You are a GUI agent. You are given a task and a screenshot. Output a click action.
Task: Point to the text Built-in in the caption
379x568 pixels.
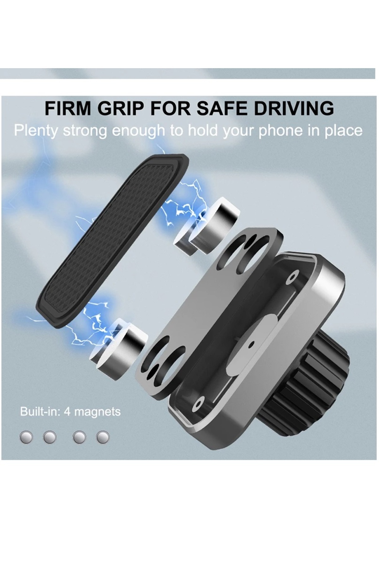[40, 411]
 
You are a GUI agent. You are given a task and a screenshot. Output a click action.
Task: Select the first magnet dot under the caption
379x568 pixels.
[26, 437]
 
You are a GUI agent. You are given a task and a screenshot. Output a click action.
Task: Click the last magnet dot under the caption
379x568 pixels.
[103, 437]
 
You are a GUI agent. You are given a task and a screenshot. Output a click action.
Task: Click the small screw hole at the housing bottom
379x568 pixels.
[199, 404]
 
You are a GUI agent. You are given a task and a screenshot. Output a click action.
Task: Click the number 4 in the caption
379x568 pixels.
[67, 412]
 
